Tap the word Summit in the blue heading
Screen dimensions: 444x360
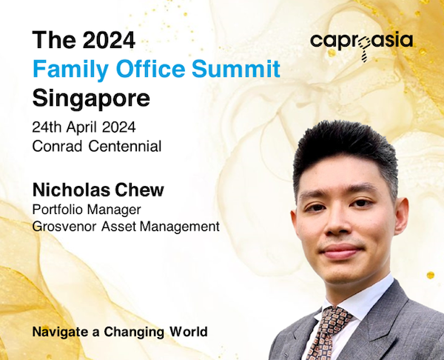coord(236,69)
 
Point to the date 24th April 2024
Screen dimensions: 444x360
coord(84,127)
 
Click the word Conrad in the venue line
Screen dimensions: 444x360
coord(58,146)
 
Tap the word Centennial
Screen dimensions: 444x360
coord(125,146)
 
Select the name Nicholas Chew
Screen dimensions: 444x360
coord(98,190)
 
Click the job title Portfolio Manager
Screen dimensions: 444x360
coord(87,210)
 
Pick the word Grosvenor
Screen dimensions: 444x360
coord(64,227)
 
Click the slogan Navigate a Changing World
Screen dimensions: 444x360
coord(120,332)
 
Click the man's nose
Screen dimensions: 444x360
coord(336,224)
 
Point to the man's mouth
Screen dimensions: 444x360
coord(342,251)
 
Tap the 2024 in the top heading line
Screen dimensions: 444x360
coord(109,40)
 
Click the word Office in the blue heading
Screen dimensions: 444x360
coord(150,69)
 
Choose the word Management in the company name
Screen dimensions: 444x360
coord(180,227)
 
